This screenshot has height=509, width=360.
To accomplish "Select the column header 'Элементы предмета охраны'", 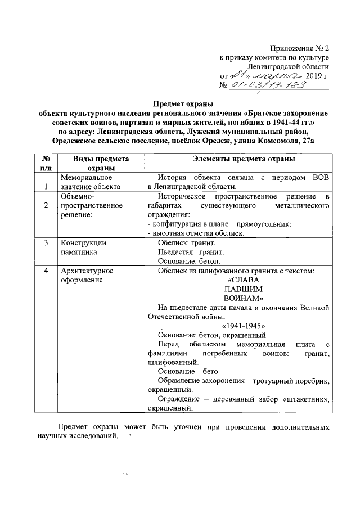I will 240,159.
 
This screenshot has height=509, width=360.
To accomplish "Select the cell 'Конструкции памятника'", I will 83,247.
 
